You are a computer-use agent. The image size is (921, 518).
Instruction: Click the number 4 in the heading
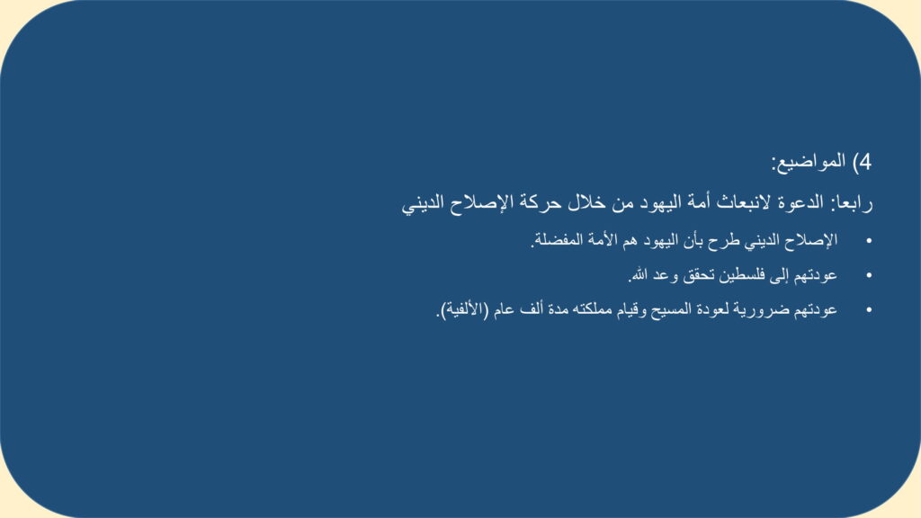click(866, 162)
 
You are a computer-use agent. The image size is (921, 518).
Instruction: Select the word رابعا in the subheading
click(853, 203)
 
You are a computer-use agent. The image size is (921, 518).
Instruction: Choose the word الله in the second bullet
click(639, 275)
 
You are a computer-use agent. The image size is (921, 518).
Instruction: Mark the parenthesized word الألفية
click(462, 309)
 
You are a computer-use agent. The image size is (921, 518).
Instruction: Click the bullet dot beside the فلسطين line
click(869, 275)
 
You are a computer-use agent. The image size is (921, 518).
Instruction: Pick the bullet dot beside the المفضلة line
click(869, 241)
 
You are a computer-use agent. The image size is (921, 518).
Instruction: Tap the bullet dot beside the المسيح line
click(869, 309)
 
